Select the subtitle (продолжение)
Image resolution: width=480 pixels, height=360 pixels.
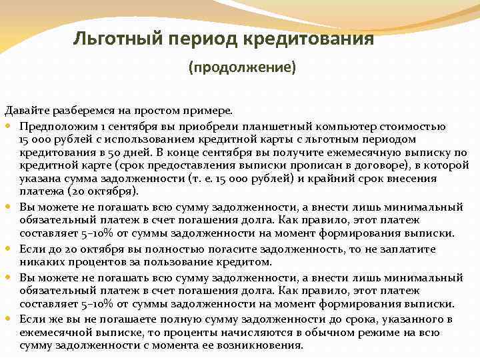242,68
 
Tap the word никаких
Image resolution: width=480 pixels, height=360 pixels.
40,262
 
